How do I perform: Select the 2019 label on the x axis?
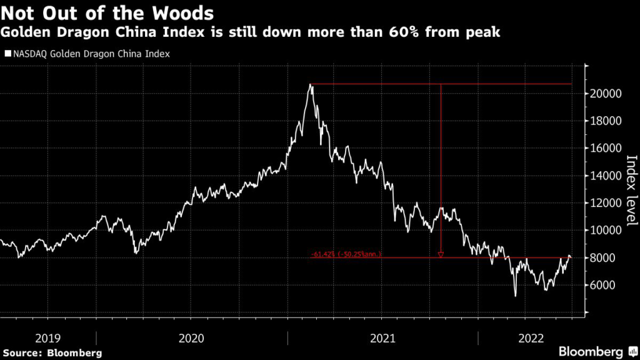point(48,338)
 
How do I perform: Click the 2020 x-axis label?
point(191,338)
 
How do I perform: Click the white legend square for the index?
point(7,54)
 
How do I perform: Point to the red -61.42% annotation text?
point(346,254)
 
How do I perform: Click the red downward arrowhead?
point(441,254)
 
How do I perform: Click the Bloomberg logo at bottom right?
point(590,351)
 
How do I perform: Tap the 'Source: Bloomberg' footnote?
point(51,353)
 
